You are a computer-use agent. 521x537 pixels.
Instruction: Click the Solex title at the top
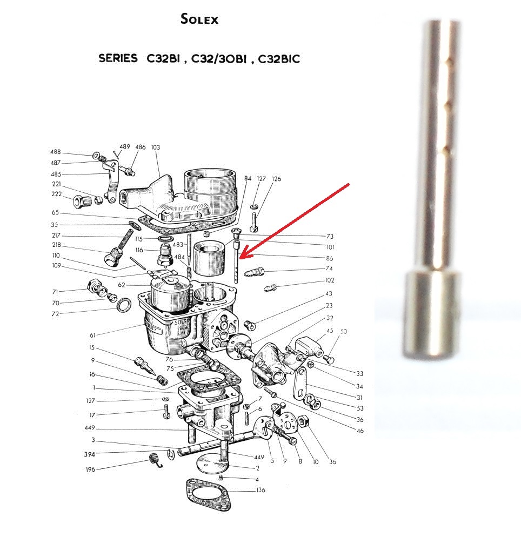tap(199, 19)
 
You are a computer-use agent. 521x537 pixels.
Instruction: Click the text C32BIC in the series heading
tap(279, 59)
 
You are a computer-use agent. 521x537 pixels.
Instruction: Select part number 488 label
tap(56, 152)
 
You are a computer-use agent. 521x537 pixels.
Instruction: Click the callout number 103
tap(155, 147)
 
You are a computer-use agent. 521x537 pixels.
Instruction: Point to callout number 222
tap(57, 194)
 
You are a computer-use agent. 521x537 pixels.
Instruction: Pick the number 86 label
tap(329, 258)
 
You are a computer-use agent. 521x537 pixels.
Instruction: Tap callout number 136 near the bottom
tap(260, 490)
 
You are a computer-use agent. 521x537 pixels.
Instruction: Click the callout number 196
tap(90, 469)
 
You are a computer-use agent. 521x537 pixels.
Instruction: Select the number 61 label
tap(92, 335)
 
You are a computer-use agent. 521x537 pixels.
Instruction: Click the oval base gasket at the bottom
tap(208, 495)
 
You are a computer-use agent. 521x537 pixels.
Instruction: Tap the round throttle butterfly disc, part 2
tap(212, 464)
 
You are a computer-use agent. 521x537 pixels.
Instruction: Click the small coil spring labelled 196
tap(156, 460)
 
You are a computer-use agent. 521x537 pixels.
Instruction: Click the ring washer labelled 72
tap(124, 305)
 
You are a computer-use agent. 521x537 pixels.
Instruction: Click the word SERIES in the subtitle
tap(118, 58)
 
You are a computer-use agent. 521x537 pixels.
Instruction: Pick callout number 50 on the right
tap(344, 331)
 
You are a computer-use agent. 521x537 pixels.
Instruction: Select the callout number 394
tap(89, 454)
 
